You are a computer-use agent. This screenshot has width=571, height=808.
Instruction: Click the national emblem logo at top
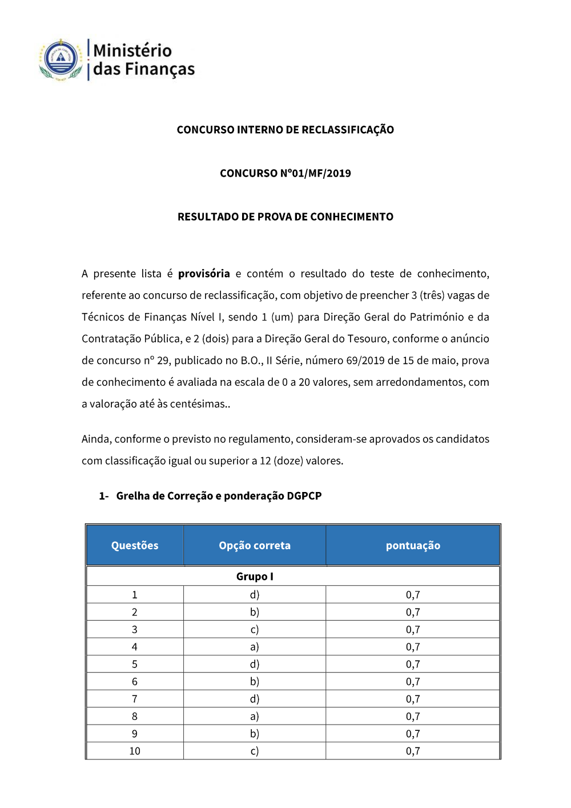61,59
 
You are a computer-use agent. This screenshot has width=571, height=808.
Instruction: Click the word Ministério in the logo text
132,50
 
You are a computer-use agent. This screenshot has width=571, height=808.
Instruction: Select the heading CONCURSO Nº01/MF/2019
285,173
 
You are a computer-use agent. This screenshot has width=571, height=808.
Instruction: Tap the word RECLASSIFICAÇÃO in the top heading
348,130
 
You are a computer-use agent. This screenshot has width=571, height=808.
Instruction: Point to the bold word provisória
204,274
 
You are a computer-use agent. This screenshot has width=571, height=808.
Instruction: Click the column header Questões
135,546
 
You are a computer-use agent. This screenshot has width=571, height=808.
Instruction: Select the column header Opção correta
255,546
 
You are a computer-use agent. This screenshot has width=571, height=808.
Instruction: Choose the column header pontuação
413,546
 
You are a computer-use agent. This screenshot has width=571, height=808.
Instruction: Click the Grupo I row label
255,577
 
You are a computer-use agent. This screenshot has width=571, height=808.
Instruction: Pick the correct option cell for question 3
255,630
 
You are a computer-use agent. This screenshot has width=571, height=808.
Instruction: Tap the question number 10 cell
135,751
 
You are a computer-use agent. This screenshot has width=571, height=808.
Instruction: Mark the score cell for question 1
413,595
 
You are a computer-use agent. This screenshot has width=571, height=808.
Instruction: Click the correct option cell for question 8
255,717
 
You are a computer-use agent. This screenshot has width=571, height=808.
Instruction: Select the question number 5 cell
135,665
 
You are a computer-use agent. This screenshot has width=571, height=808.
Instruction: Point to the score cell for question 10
413,751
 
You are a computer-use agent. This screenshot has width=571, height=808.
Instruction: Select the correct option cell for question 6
255,682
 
